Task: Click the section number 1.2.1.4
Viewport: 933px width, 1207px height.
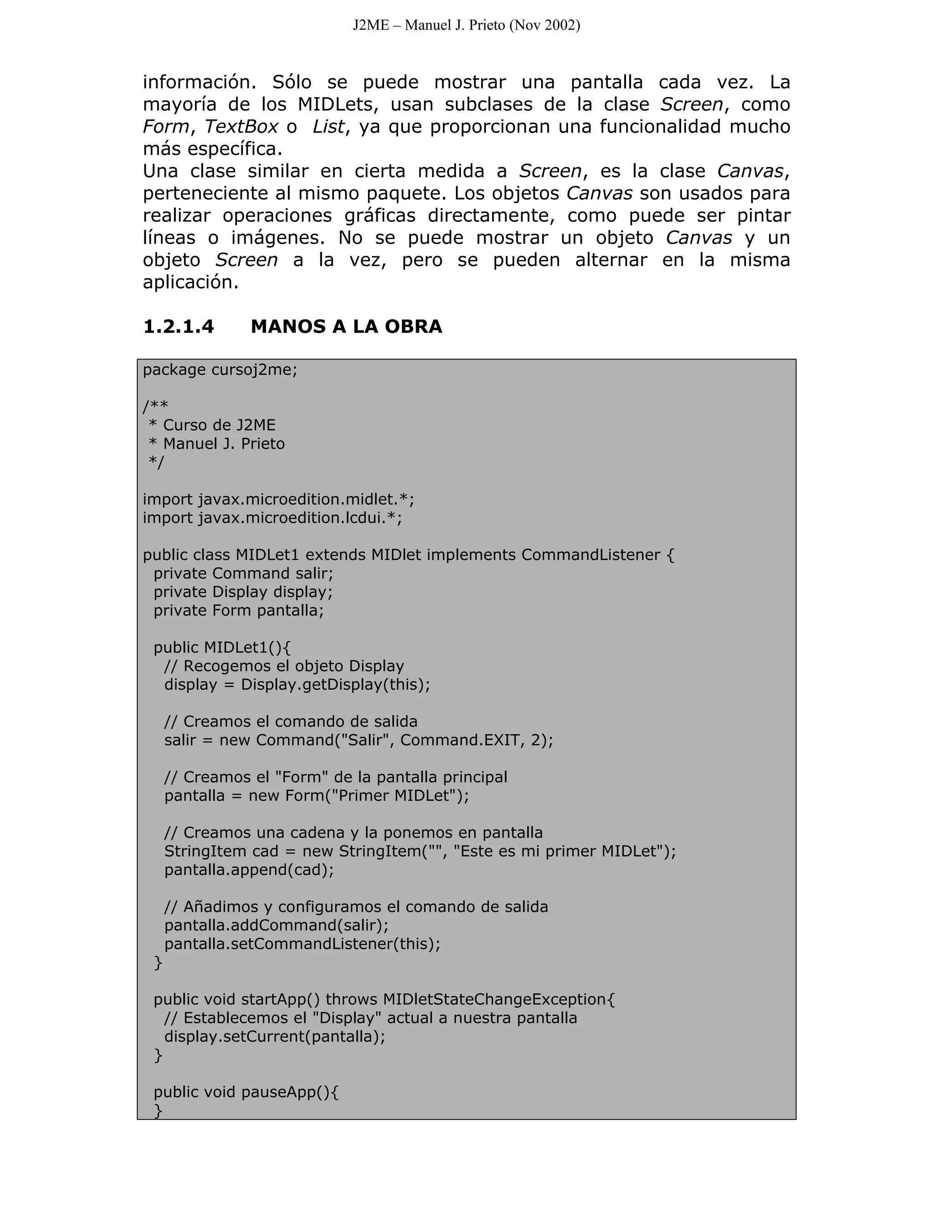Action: point(178,327)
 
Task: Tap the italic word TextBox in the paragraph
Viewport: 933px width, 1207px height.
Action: point(241,127)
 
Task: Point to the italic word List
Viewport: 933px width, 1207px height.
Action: point(328,127)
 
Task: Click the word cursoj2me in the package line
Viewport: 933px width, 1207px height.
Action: point(254,370)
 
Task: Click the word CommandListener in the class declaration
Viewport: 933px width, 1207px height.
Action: point(590,555)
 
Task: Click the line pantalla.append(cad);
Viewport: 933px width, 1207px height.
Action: point(249,870)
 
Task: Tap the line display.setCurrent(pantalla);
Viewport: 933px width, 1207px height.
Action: point(274,1036)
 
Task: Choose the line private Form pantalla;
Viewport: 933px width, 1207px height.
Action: point(238,611)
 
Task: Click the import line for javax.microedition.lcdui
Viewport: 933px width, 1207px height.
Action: point(272,518)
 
